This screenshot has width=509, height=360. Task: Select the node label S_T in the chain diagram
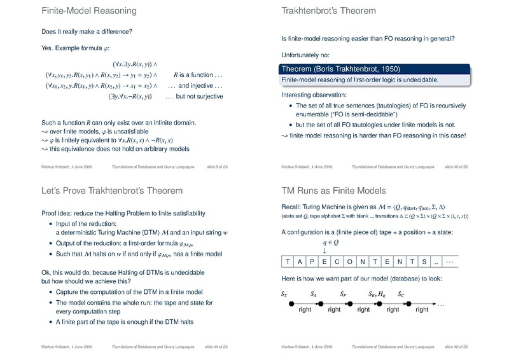click(284, 294)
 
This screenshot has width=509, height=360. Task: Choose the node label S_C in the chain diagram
click(401, 294)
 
